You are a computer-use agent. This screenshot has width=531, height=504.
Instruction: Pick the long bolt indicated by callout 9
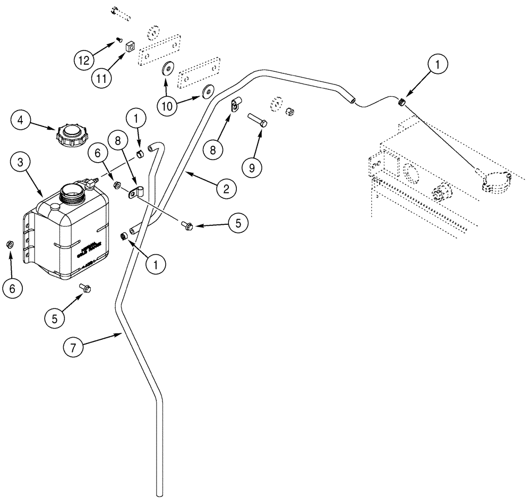[x=258, y=124]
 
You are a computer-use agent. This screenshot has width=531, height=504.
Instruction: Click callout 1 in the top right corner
[x=437, y=65]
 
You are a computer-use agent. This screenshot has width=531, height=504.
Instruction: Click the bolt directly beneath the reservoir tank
[x=85, y=288]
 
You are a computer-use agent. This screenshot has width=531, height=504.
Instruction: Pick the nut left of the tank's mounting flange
[x=10, y=244]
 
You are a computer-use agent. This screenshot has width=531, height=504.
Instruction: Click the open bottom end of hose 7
[x=158, y=492]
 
